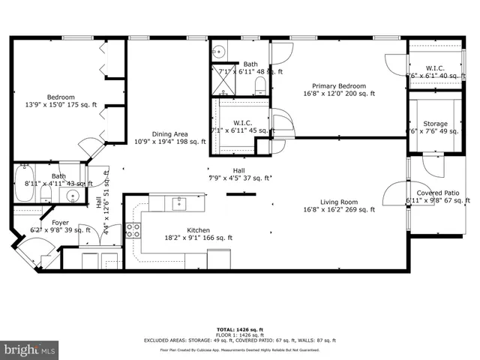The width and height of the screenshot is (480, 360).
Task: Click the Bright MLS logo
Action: click(x=30, y=350)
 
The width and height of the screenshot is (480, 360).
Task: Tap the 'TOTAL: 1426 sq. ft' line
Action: click(x=240, y=329)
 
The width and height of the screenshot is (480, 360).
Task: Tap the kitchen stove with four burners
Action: click(x=133, y=231)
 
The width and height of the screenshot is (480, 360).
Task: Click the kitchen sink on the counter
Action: click(x=179, y=202)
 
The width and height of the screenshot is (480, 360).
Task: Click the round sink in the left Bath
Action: click(x=73, y=196)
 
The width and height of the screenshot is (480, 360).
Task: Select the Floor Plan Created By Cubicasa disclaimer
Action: click(x=240, y=350)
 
